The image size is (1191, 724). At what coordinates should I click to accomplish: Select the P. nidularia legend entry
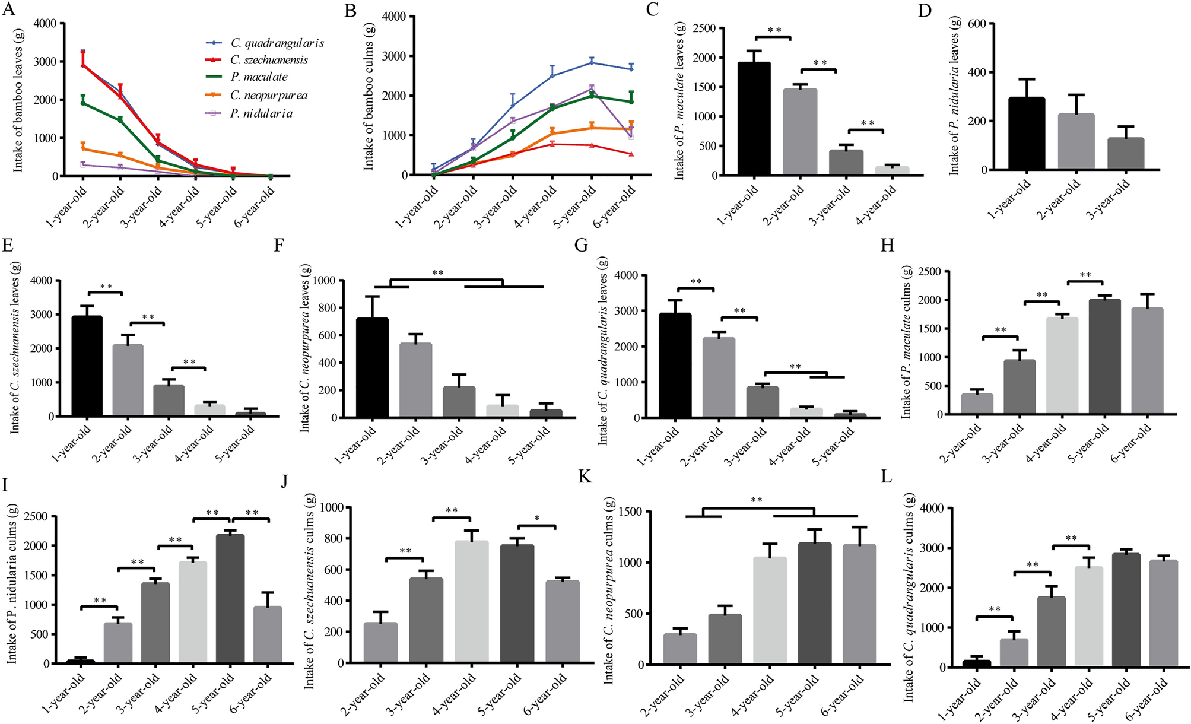tap(261, 113)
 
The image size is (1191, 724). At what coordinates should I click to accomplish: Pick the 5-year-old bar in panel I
tap(230, 599)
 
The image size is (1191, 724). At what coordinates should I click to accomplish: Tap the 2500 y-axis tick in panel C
tap(704, 28)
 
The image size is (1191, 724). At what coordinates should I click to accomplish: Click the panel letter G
tap(581, 246)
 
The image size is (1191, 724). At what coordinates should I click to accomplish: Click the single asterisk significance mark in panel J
tap(536, 519)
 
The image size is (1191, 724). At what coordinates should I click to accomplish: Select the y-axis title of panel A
tap(18, 101)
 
